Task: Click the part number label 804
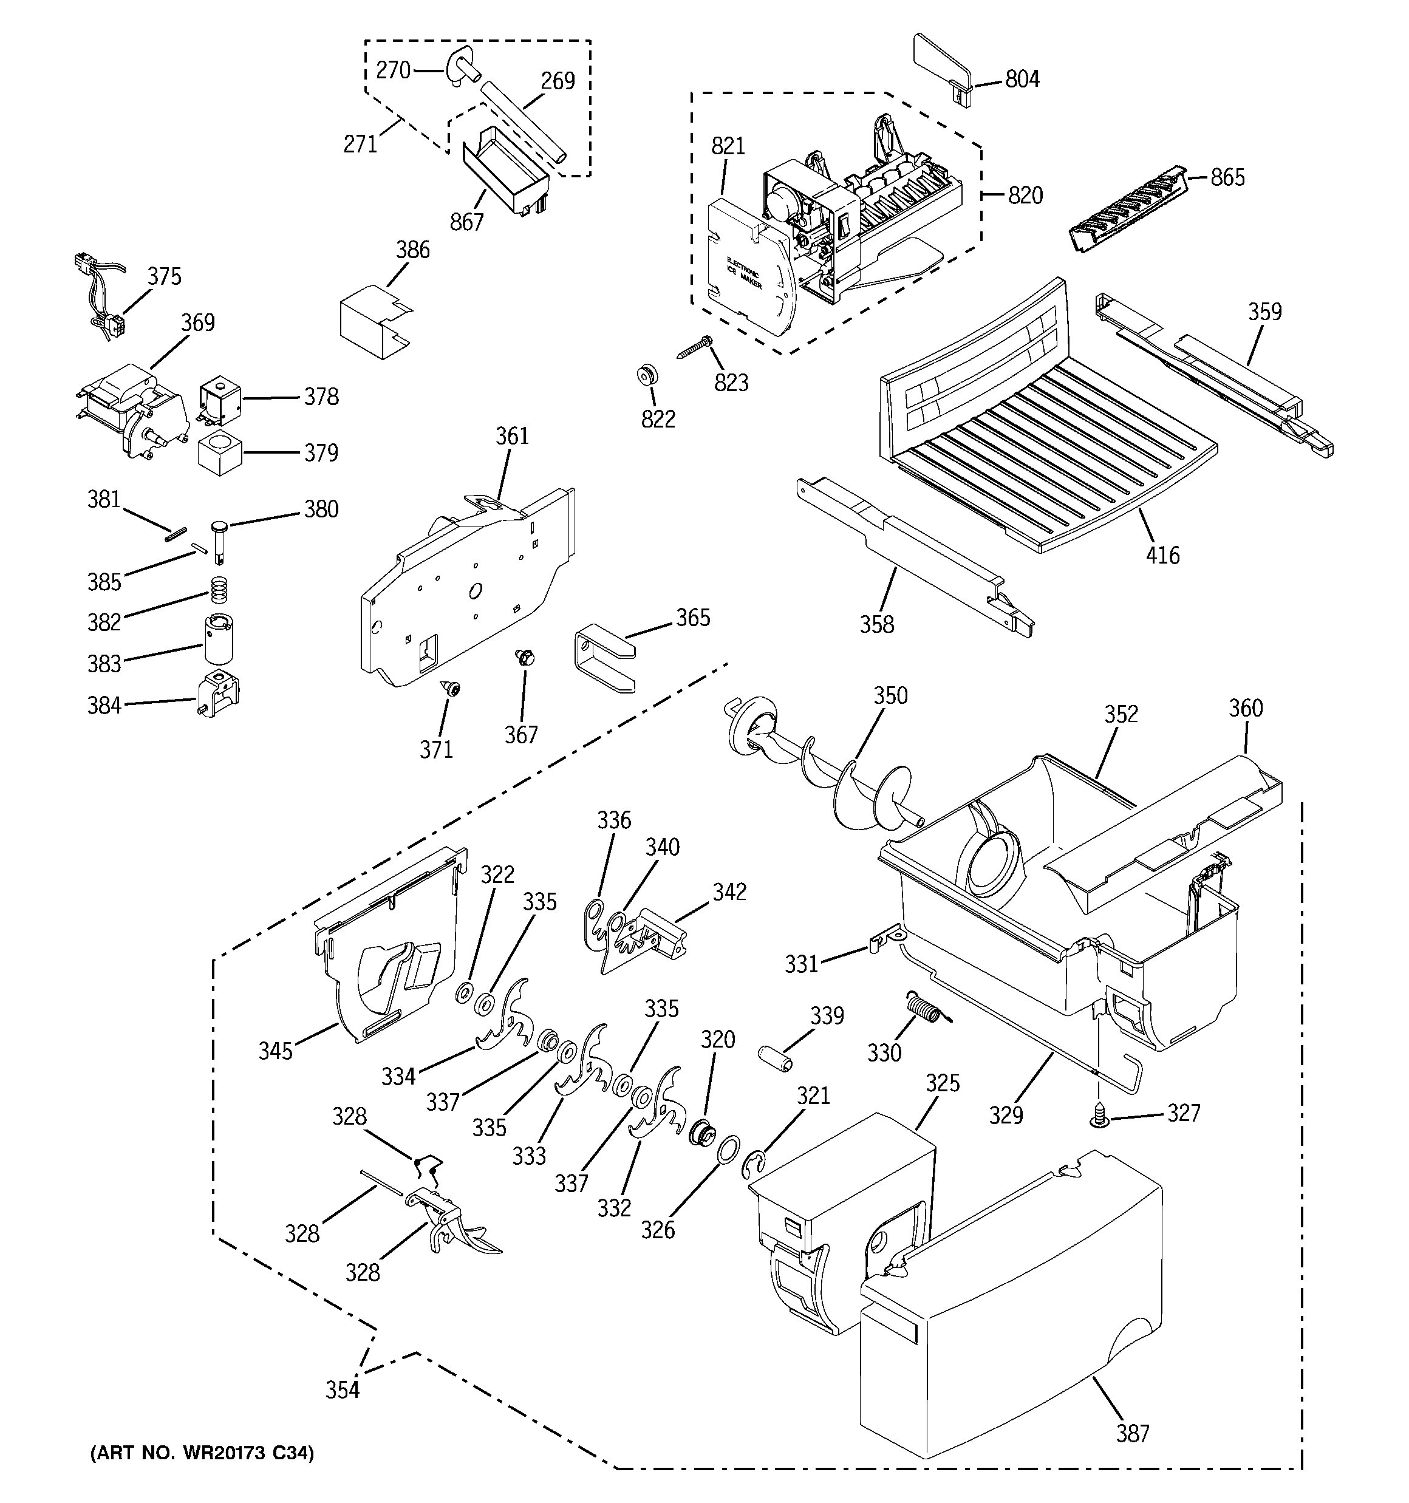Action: [x=1022, y=78]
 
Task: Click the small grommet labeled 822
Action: [x=647, y=374]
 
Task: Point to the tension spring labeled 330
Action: [x=924, y=1011]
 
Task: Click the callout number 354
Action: [x=343, y=1389]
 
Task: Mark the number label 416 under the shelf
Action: [x=1162, y=556]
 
